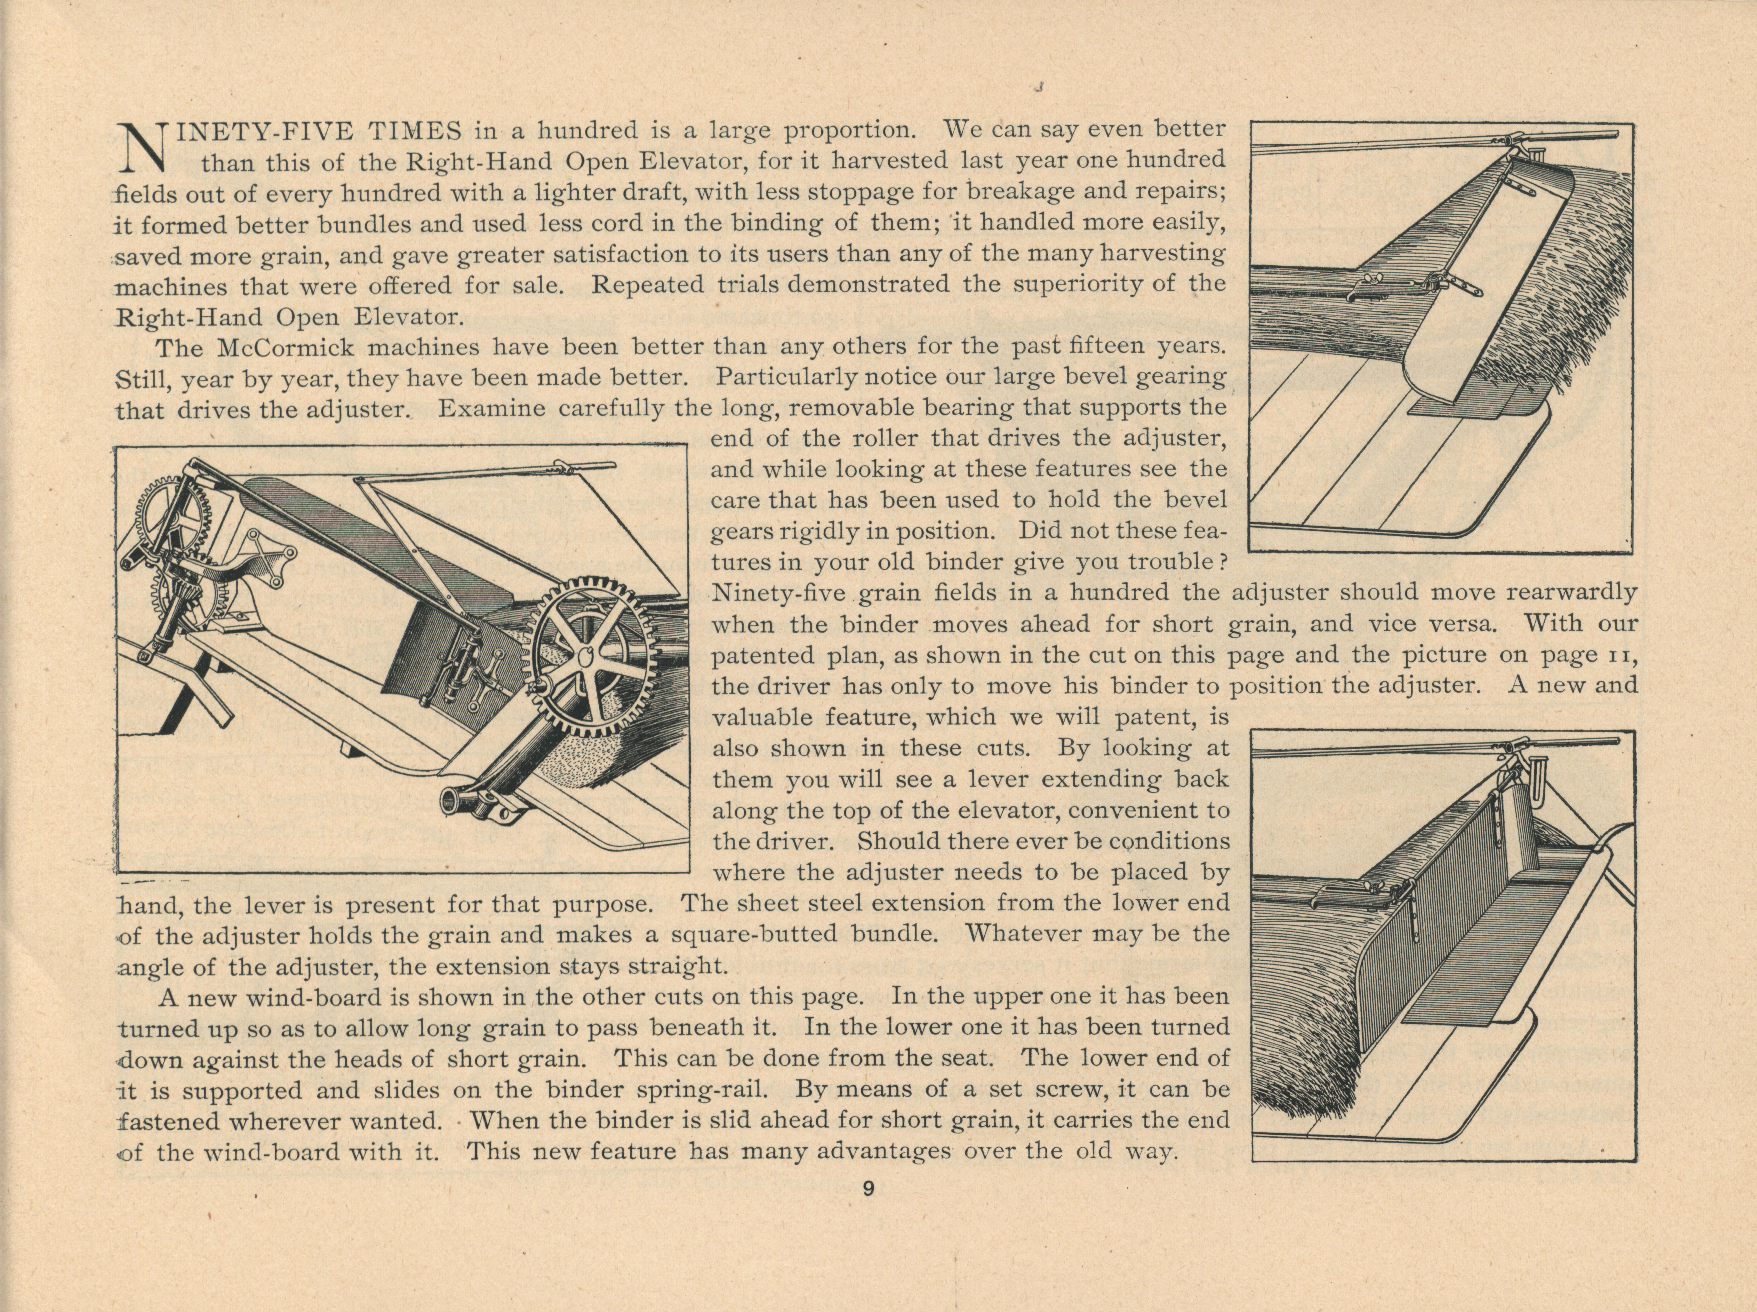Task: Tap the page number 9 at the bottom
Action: [868, 1189]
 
